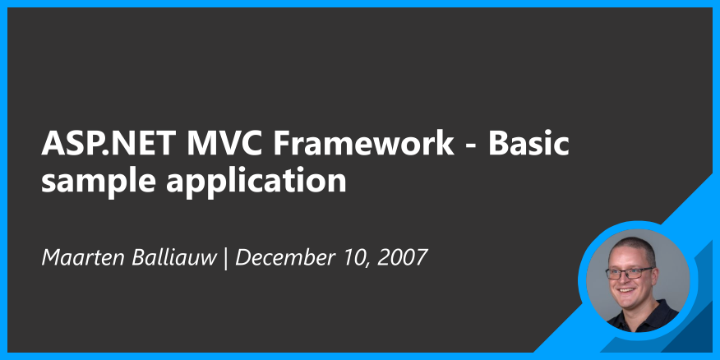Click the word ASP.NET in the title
tap(108, 144)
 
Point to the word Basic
tap(528, 144)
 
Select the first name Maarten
tap(83, 257)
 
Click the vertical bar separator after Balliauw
tap(226, 258)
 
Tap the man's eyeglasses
tap(629, 273)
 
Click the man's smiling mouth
tap(626, 290)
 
